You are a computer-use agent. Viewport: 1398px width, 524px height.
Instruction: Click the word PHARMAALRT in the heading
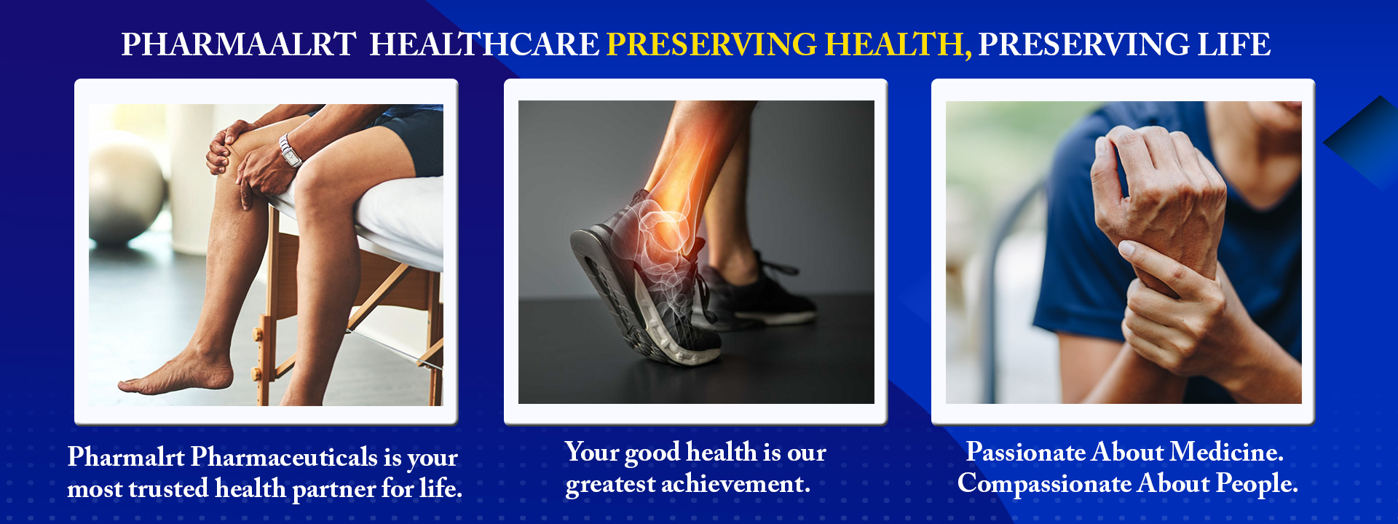239,44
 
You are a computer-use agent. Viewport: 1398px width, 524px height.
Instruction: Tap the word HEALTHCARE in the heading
484,44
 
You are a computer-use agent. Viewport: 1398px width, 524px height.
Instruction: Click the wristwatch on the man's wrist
291,151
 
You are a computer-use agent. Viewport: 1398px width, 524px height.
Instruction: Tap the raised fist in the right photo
1158,182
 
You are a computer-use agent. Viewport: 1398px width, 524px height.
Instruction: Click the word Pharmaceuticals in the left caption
285,457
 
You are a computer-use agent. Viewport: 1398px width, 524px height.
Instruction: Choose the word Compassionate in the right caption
1044,484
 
